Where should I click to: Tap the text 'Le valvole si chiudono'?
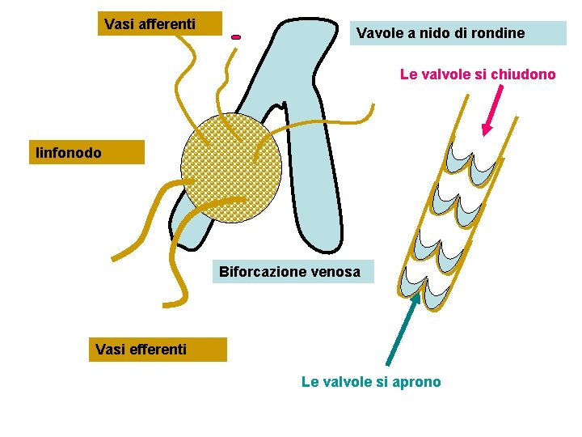point(478,74)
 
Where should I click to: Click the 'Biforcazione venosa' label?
point(290,272)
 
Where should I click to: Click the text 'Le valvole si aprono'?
point(371,382)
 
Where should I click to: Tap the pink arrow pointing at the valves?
point(492,110)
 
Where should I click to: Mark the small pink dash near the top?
point(236,37)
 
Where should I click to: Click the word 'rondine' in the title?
point(500,33)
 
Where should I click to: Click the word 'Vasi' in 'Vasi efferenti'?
point(109,350)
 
